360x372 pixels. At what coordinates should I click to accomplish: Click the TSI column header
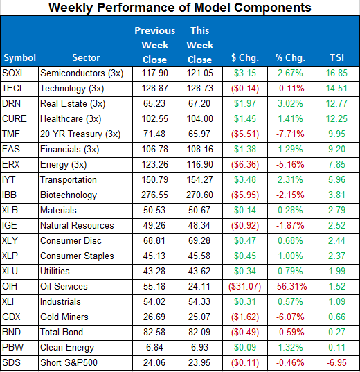coord(336,57)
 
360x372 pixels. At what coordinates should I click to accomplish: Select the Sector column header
coord(86,57)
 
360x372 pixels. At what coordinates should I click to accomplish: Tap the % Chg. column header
coord(290,57)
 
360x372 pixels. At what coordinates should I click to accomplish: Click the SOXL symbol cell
coord(14,73)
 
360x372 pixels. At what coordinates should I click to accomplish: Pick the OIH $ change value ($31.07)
coord(244,286)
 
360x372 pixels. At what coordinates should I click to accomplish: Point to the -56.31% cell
coord(290,286)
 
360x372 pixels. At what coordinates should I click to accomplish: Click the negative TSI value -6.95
coord(336,362)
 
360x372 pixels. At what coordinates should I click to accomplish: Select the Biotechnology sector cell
coord(69,195)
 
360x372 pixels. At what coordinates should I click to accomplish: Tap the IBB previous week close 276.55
coord(154,195)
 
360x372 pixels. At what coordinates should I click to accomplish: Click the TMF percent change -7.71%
coord(290,134)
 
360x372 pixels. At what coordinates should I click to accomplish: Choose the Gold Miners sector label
coord(64,317)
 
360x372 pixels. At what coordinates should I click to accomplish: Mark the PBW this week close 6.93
coord(199,347)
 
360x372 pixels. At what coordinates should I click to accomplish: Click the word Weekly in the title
coord(70,8)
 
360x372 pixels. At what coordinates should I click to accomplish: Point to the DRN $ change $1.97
coord(245,104)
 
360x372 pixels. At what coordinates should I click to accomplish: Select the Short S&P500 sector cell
coord(69,362)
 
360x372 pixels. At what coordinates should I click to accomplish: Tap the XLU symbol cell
coord(10,271)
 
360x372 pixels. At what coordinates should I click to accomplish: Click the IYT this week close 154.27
coord(199,180)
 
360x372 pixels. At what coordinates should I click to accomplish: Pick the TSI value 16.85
coord(336,73)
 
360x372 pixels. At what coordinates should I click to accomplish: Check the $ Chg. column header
coord(245,57)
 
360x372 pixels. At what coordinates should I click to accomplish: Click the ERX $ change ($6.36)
coord(245,165)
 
